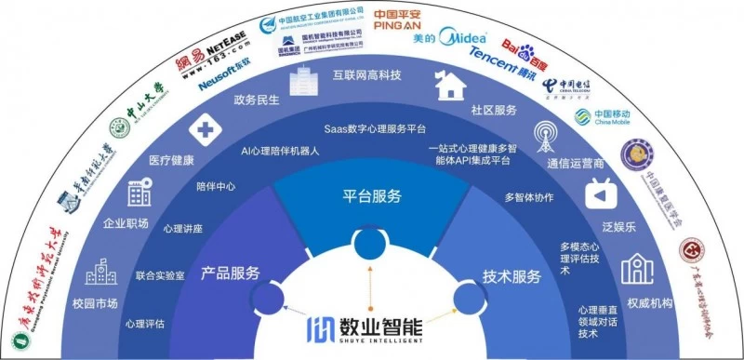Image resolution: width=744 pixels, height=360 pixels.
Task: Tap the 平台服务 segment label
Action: pos(372,196)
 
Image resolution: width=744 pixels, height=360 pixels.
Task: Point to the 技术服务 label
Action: pos(511,276)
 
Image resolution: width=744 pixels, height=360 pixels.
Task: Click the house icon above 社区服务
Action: pos(452,87)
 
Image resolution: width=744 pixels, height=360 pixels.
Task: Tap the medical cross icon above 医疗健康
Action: pos(202,129)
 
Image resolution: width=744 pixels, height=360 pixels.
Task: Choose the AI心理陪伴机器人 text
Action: pos(280,151)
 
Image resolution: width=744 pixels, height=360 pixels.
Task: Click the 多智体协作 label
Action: pos(529,197)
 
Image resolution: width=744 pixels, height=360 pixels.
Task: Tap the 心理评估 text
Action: pos(144,324)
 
